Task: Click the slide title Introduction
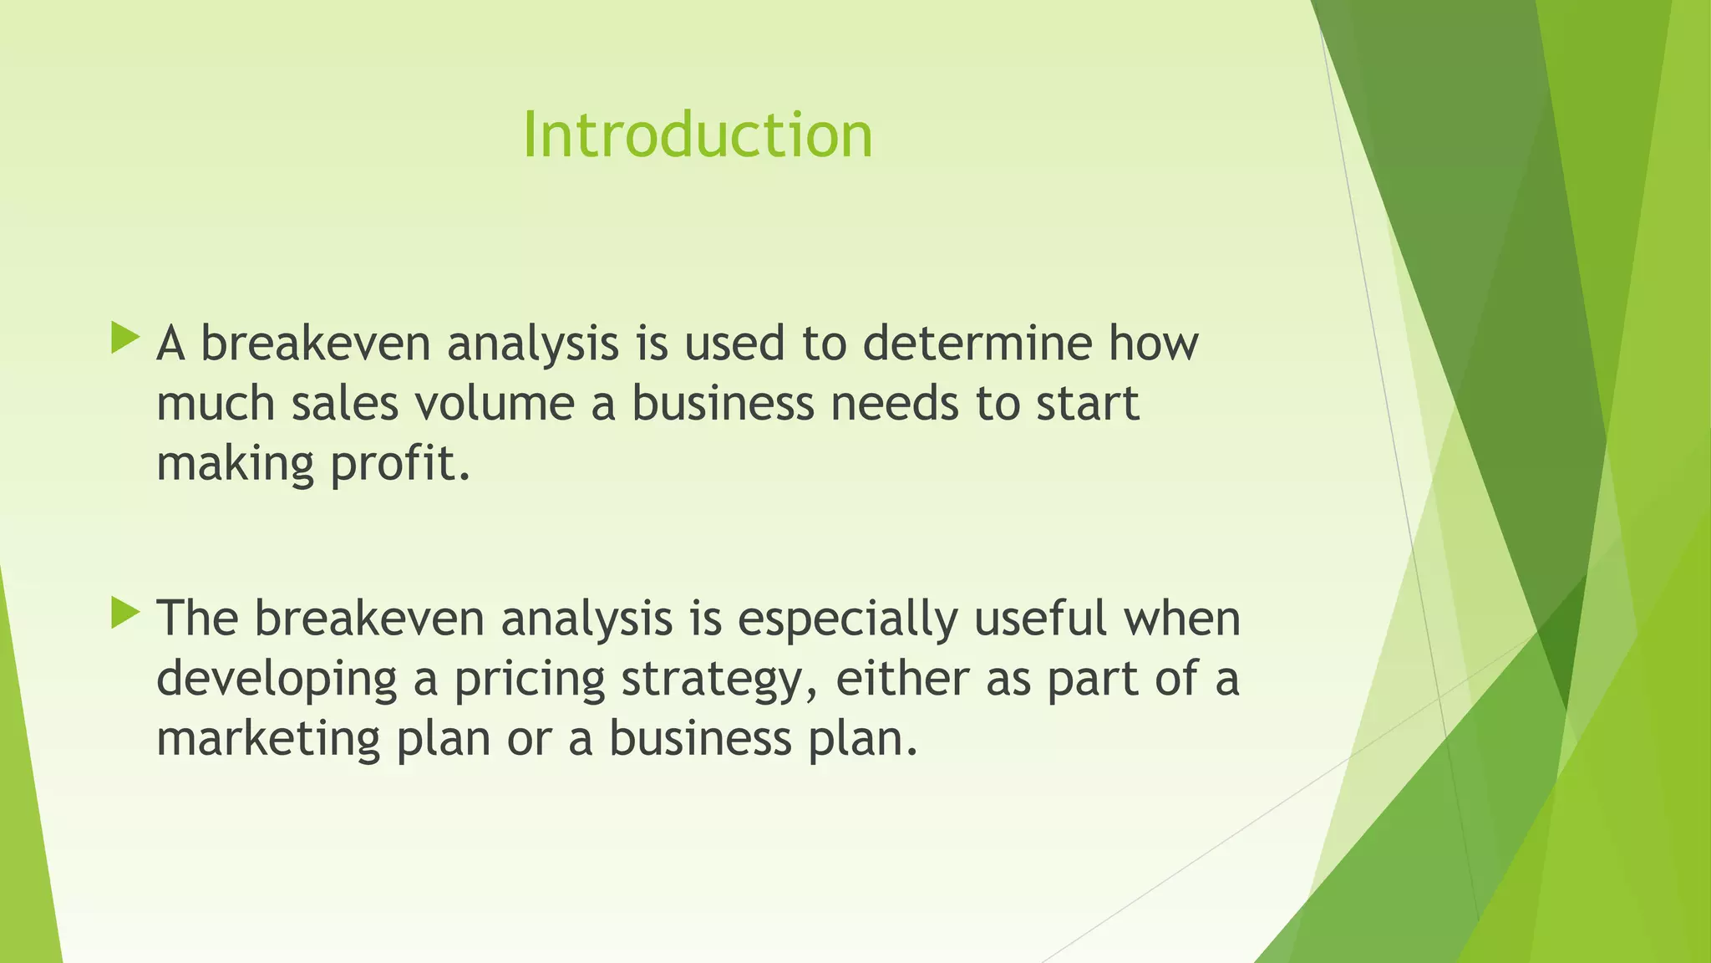[698, 135]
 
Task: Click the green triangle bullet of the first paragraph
[124, 339]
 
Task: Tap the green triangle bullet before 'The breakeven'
[124, 614]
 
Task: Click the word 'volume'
[494, 404]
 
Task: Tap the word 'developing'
[277, 680]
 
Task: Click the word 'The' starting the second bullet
[198, 619]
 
